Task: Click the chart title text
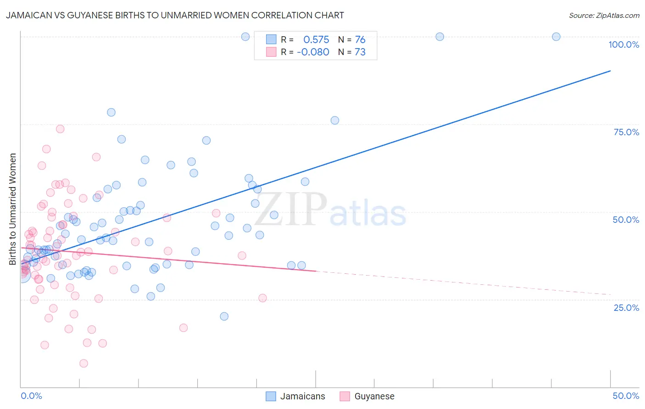[x=175, y=15]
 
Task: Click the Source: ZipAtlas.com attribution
[x=604, y=15]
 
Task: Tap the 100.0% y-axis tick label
[x=623, y=44]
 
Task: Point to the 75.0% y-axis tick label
[x=626, y=132]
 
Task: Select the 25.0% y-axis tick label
[x=626, y=308]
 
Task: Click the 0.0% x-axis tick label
[x=31, y=396]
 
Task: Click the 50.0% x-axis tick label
[x=626, y=396]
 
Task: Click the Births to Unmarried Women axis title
[x=12, y=209]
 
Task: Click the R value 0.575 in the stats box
[x=316, y=39]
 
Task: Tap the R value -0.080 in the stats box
[x=313, y=52]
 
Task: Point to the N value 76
[x=360, y=39]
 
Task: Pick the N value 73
[x=360, y=52]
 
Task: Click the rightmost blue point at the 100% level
[x=556, y=37]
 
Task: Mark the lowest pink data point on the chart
[x=83, y=363]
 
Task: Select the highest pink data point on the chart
[x=60, y=129]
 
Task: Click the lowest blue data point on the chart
[x=224, y=316]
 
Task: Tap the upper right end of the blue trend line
[x=610, y=71]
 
